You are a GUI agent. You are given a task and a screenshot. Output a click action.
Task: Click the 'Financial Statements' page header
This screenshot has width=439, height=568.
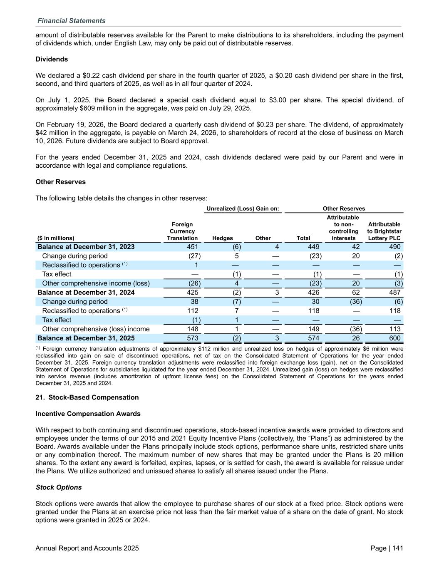coord(71,21)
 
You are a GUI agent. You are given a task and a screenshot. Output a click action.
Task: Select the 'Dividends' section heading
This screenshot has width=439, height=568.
coord(52,59)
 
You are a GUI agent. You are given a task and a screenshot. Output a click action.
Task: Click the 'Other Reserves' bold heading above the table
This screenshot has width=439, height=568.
coord(60,182)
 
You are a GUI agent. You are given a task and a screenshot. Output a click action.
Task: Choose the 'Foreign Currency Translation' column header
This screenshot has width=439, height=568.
coord(182,231)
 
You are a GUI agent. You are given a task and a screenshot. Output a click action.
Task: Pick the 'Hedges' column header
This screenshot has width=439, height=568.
coord(223,238)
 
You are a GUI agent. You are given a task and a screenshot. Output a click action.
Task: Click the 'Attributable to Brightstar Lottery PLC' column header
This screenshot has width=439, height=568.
coord(385,231)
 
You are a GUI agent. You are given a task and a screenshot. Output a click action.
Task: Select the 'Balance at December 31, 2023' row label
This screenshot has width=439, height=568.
coord(86,247)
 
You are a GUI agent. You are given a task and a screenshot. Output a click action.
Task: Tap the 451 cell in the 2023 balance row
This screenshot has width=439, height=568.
coord(192,247)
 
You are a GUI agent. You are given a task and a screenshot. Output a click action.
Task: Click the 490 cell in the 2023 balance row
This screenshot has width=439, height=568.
coord(394,247)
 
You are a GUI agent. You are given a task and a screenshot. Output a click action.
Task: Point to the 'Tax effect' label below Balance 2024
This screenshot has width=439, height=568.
coord(57,320)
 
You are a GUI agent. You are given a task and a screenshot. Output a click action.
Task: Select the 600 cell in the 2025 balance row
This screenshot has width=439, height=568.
coord(394,338)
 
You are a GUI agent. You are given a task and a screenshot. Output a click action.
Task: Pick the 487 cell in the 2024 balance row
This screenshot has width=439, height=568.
coord(394,293)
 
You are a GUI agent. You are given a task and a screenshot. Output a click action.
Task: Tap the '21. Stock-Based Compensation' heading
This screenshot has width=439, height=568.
coord(87,397)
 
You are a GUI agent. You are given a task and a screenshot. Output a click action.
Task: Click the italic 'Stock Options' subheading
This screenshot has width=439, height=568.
coord(59,487)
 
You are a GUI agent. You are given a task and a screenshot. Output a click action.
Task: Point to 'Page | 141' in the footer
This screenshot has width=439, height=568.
coord(387,548)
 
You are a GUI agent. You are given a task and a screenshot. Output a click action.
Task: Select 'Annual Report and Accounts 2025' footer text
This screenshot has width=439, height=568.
coord(87,548)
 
